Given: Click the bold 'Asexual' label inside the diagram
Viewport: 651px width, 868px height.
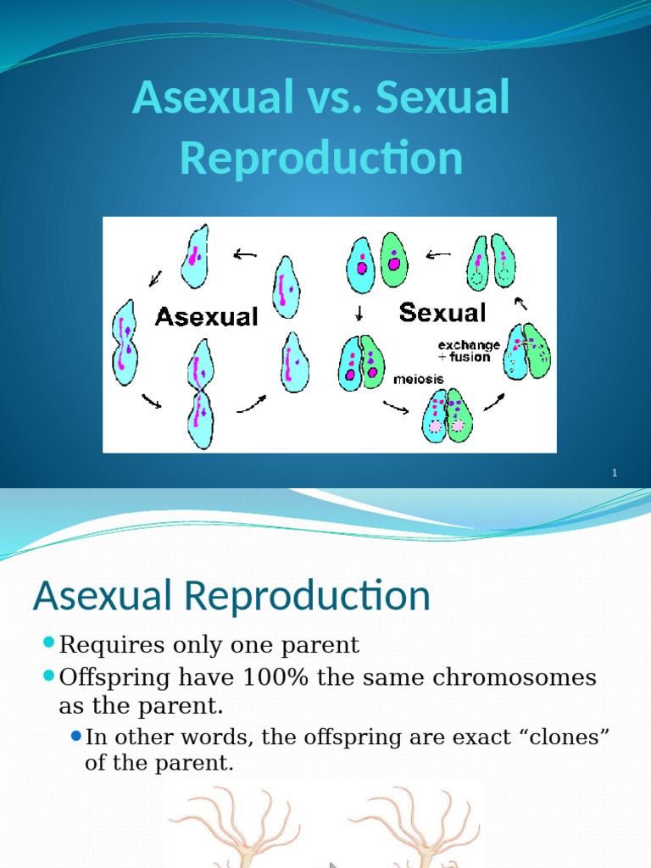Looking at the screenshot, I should pyautogui.click(x=206, y=317).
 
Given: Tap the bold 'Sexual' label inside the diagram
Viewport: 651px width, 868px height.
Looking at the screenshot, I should pyautogui.click(x=442, y=313).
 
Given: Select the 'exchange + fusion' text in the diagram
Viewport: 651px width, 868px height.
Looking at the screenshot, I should pyautogui.click(x=468, y=352).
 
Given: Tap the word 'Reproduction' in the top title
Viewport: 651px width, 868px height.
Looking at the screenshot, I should pyautogui.click(x=321, y=158).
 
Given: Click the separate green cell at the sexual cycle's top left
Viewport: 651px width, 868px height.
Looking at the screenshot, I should pyautogui.click(x=393, y=261).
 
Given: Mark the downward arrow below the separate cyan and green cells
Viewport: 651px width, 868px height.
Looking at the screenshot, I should pyautogui.click(x=359, y=314).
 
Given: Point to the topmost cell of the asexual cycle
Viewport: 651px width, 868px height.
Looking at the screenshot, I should pyautogui.click(x=196, y=257).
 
